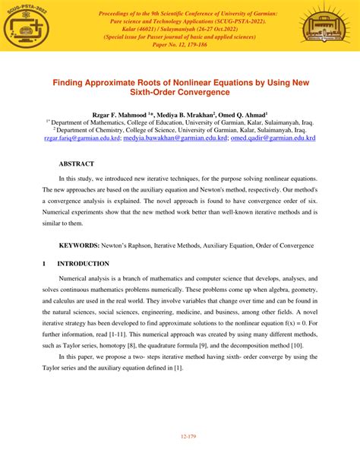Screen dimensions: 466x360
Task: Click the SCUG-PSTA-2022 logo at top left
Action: [x=29, y=27]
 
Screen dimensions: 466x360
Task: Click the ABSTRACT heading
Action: [x=77, y=164]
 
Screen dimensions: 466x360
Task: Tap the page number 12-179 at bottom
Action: [x=180, y=436]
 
